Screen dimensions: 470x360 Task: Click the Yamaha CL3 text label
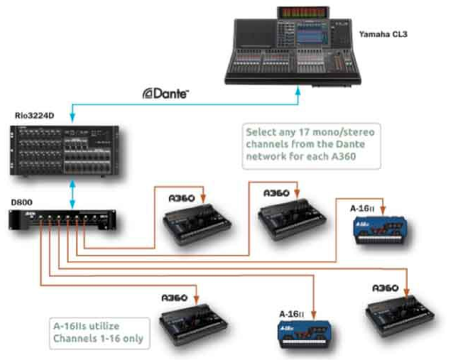[383, 34]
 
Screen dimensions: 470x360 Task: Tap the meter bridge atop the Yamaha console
[303, 12]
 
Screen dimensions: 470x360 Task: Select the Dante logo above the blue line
[165, 93]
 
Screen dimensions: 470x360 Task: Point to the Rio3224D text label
[34, 115]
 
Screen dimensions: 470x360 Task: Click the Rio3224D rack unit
[64, 151]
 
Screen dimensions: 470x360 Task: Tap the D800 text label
[21, 202]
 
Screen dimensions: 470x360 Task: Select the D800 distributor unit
[62, 220]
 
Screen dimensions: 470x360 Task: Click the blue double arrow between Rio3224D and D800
[72, 193]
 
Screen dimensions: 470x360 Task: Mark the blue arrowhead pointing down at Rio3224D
[72, 117]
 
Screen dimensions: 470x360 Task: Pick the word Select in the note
[261, 132]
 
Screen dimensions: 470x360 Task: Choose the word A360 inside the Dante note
[344, 156]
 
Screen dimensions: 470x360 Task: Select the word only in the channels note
[133, 339]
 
